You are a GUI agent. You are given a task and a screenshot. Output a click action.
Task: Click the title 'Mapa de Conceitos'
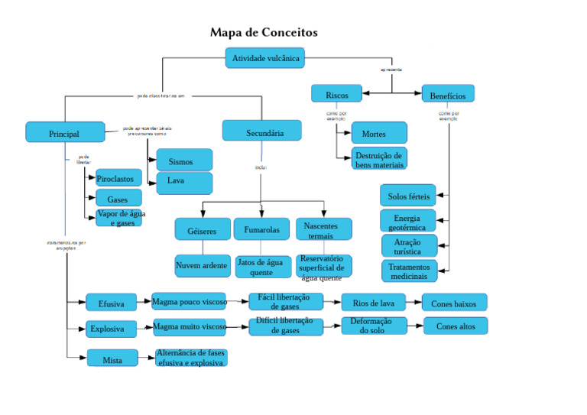pos(264,33)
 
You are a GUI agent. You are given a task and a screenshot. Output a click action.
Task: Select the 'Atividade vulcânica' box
pos(265,58)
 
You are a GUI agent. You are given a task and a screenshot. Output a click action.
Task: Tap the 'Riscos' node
pos(336,94)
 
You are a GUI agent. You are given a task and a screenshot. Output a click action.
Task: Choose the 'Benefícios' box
pos(448,94)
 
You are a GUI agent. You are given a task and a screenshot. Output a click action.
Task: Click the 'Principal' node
pos(64,132)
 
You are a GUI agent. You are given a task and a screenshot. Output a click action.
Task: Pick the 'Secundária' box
pos(261,131)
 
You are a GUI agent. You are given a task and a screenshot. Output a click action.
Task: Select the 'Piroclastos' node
pos(118,179)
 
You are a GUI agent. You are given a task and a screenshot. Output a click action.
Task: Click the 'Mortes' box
pos(378,133)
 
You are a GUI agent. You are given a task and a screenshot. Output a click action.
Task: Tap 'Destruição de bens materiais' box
pos(379,159)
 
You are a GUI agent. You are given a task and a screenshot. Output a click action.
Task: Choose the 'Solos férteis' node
pos(407,196)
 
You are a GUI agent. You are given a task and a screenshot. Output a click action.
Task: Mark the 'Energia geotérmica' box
pos(407,222)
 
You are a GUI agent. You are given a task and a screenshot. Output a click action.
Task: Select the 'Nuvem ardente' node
pos(202,265)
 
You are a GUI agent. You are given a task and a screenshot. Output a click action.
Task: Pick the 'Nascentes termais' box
pos(323,229)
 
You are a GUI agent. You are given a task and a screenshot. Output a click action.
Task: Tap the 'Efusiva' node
pos(111,303)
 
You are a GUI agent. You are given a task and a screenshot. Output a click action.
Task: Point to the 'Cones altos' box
pos(455,326)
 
